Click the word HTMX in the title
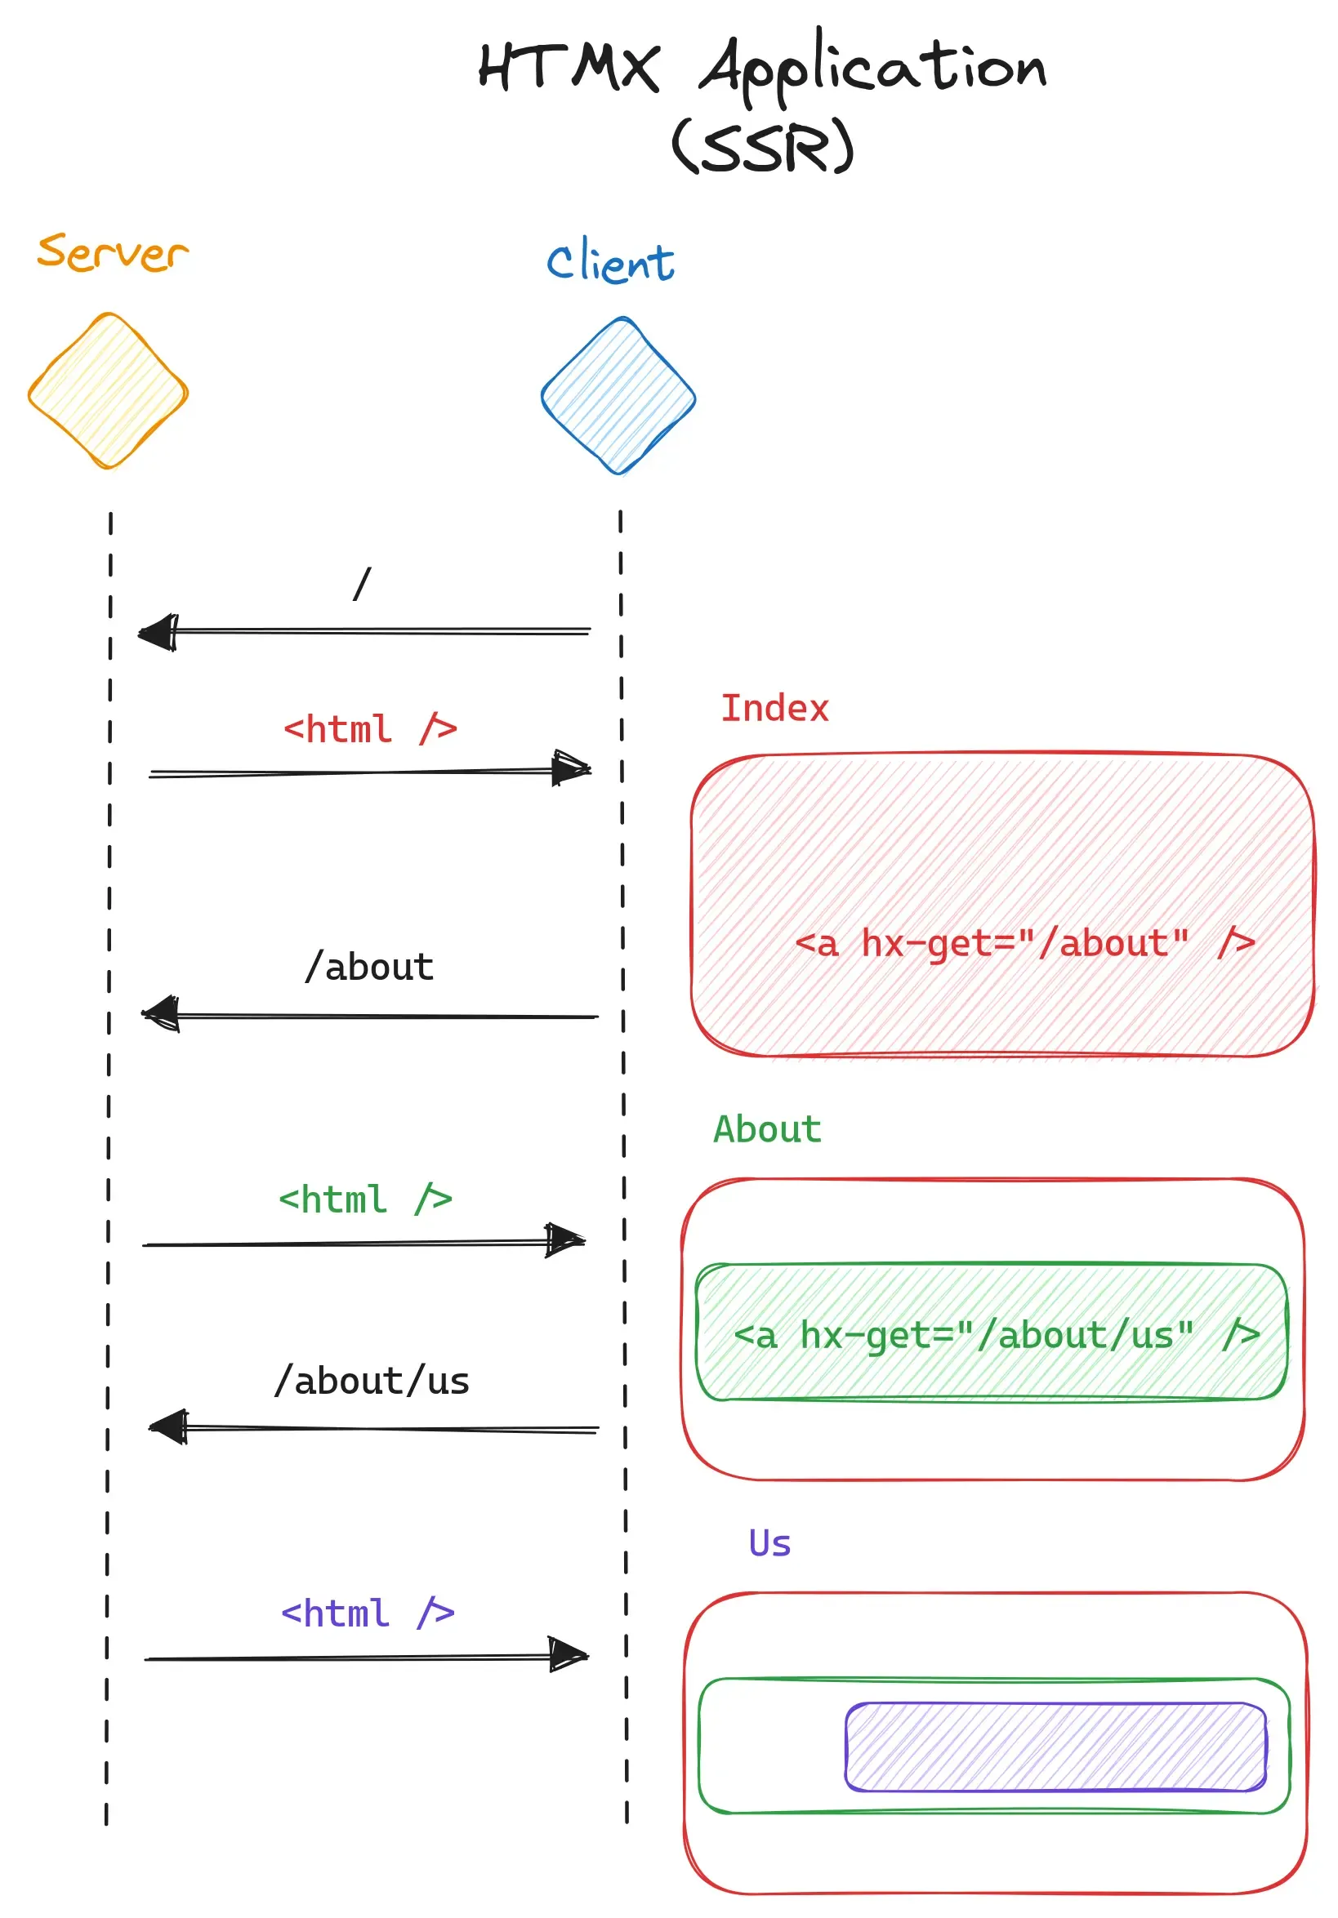[569, 67]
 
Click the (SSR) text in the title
[762, 146]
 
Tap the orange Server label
[113, 252]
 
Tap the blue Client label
[610, 261]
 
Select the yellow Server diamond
[108, 391]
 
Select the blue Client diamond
[618, 396]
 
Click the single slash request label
[362, 583]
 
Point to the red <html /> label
[369, 728]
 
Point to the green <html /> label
[364, 1199]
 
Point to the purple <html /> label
[367, 1613]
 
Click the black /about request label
[368, 968]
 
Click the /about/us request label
[371, 1381]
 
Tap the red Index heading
[774, 709]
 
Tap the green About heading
[766, 1129]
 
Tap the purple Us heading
[769, 1543]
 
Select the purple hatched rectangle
[1055, 1747]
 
